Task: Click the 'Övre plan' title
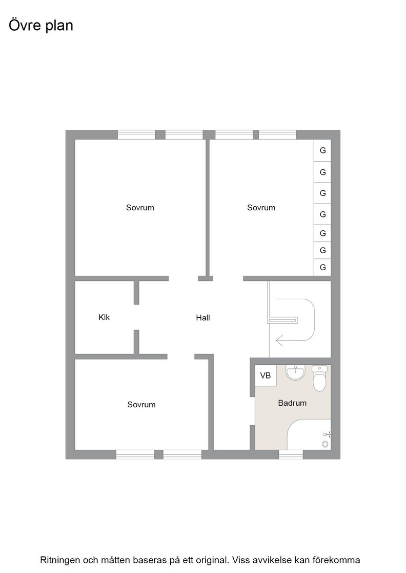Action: pyautogui.click(x=40, y=26)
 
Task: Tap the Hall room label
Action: pyautogui.click(x=203, y=318)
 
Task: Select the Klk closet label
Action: pyautogui.click(x=104, y=317)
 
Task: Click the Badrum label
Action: pyautogui.click(x=292, y=403)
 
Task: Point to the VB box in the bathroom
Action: pyautogui.click(x=266, y=376)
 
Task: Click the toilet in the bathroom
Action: pyautogui.click(x=319, y=379)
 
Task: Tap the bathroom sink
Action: pyautogui.click(x=295, y=373)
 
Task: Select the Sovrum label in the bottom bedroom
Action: pyautogui.click(x=141, y=405)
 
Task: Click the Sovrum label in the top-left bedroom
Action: pyautogui.click(x=140, y=208)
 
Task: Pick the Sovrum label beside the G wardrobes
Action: pyautogui.click(x=261, y=208)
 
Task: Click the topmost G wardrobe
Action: pyautogui.click(x=322, y=150)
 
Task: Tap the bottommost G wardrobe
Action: pyautogui.click(x=322, y=267)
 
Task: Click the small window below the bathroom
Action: pyautogui.click(x=291, y=455)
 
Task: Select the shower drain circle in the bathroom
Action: pyautogui.click(x=325, y=444)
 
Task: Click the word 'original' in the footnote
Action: pyautogui.click(x=214, y=560)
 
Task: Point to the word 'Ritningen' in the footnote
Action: pyautogui.click(x=60, y=560)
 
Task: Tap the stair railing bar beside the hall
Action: pyautogui.click(x=283, y=320)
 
